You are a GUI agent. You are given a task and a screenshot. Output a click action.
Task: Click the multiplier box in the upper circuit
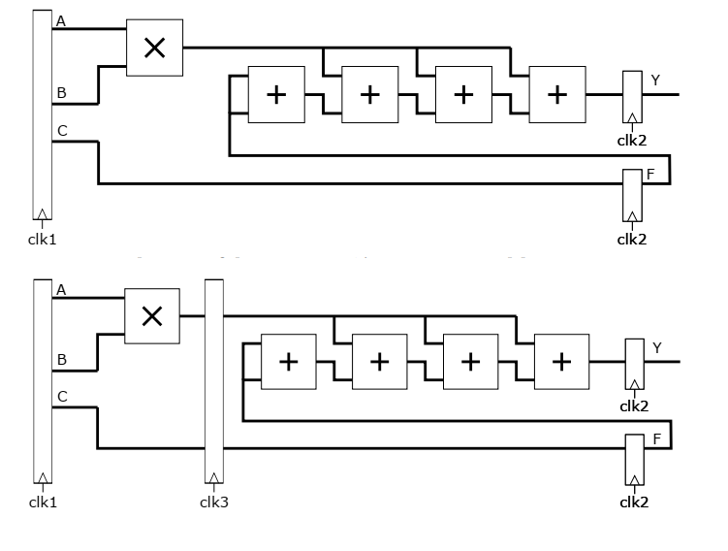[154, 48]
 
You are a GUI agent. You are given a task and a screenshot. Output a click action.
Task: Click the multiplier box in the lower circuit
[152, 315]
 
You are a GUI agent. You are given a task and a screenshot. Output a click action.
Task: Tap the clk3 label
[213, 502]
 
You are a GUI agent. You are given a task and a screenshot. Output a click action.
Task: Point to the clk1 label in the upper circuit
[42, 237]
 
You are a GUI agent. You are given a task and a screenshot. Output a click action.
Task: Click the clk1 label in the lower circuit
[42, 502]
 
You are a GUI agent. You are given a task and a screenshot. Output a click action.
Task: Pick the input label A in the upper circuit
[62, 20]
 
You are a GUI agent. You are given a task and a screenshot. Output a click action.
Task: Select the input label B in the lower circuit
[62, 360]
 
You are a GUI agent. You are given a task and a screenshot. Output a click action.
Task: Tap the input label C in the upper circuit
[62, 131]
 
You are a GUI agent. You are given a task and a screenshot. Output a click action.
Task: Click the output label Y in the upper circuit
[655, 81]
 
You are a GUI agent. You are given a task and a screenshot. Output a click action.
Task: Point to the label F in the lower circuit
[656, 439]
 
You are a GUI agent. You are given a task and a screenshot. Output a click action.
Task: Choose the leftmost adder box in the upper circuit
[276, 94]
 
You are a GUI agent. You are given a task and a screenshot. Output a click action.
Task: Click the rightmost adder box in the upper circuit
[556, 94]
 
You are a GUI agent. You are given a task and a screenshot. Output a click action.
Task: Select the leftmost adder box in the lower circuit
[289, 362]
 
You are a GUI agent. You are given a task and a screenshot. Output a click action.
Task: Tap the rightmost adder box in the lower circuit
[561, 362]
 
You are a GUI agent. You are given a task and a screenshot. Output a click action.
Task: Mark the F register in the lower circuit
[634, 460]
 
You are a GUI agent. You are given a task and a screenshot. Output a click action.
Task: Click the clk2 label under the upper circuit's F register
[631, 239]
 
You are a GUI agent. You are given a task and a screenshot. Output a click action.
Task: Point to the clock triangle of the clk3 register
[214, 478]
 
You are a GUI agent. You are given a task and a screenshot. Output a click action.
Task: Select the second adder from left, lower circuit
[380, 362]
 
